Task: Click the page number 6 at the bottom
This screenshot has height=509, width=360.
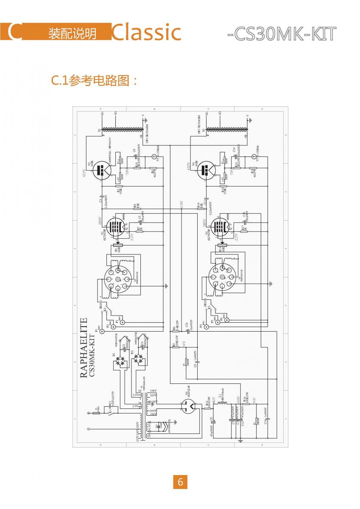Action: coord(180,482)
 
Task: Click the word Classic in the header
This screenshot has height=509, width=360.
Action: coord(146,33)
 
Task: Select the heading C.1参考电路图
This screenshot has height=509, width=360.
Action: coord(95,80)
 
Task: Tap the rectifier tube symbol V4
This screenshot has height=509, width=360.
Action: coord(187,407)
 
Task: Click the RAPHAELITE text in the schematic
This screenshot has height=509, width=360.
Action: coord(84,347)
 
